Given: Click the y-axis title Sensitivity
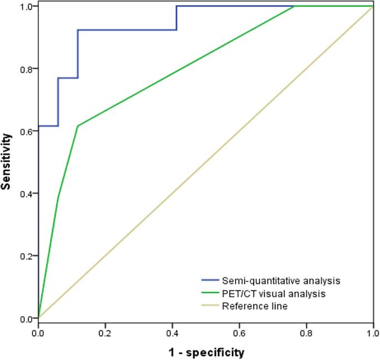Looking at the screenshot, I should click(7, 161).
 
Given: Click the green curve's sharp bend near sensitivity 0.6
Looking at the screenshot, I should click(78, 126).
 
